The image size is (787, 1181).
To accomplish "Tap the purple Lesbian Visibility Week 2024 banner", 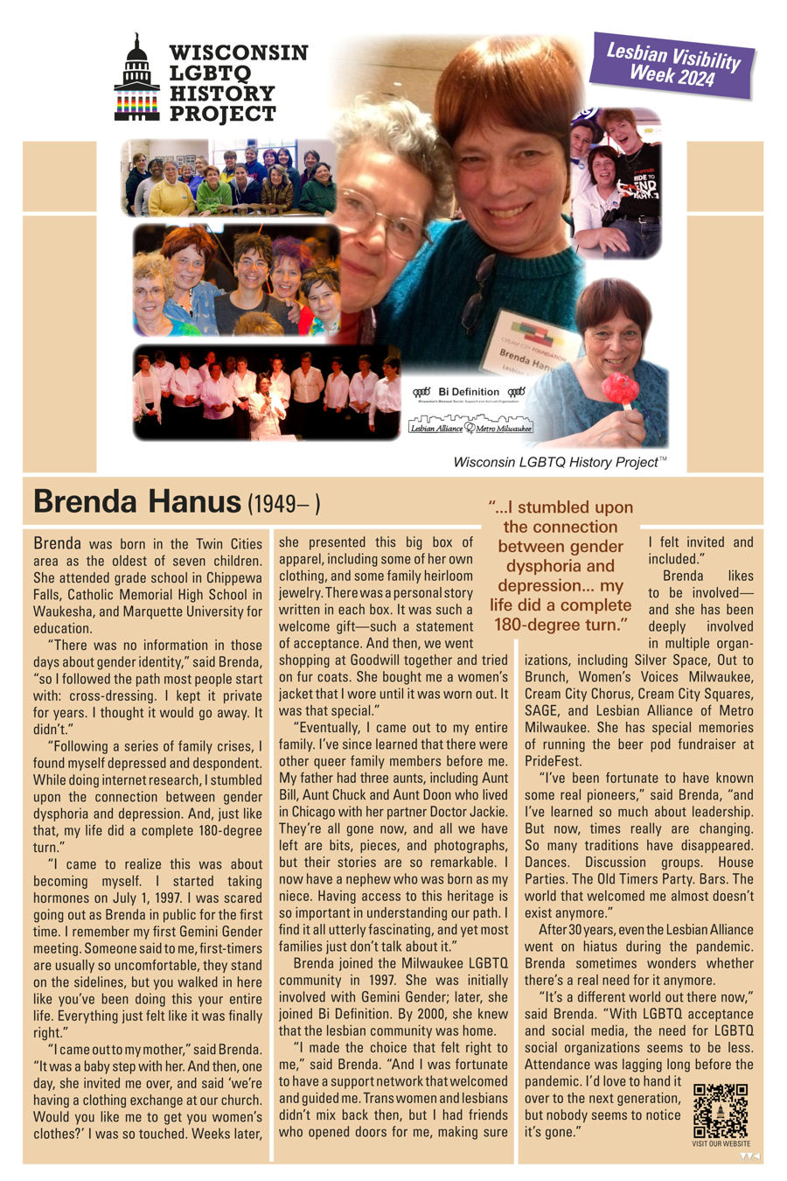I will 672,66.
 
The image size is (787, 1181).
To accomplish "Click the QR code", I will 721,1110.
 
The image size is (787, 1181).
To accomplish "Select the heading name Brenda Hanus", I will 136,502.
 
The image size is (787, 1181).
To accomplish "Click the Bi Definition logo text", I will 468,392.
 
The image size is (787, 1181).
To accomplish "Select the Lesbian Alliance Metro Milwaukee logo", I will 470,427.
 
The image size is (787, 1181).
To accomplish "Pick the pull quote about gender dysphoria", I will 561,566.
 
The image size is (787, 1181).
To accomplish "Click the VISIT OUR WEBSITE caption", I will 721,1143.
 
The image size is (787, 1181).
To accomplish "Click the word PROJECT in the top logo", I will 223,114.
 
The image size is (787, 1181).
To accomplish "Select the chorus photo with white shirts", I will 266,393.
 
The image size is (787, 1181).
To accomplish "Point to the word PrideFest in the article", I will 547,761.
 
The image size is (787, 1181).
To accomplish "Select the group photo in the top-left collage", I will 228,178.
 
